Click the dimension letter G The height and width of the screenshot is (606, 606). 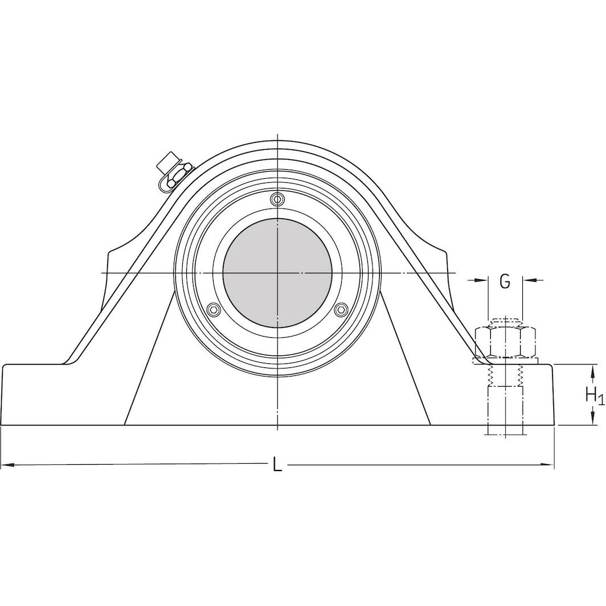point(505,281)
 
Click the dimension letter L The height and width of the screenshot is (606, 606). point(277,465)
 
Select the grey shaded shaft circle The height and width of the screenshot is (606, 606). point(277,273)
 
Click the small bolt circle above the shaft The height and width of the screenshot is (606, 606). point(277,199)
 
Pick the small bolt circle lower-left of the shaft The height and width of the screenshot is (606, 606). point(214,309)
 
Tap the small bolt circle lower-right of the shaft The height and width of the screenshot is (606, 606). point(341,309)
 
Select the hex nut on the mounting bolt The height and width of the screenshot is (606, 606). point(505,341)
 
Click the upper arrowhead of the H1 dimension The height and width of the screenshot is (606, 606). point(587,369)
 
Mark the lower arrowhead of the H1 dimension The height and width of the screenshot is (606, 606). point(587,420)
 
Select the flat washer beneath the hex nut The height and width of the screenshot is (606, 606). point(505,361)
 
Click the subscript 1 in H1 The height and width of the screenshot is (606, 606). point(601,399)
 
